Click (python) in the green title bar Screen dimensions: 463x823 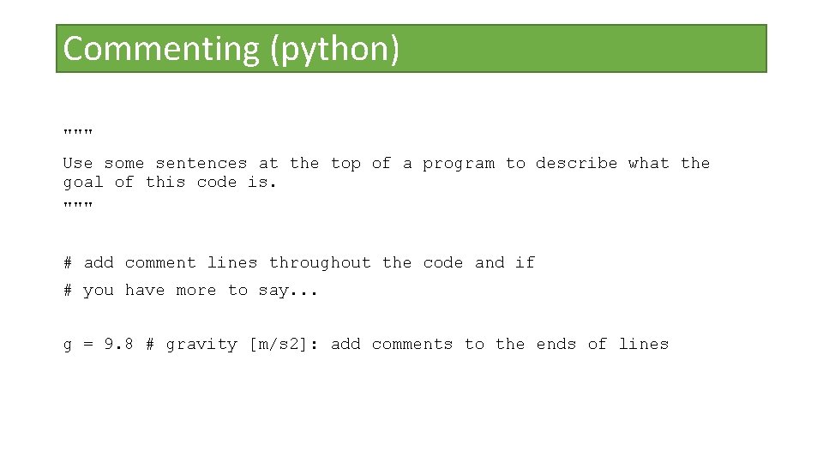(334, 49)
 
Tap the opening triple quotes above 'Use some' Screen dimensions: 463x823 (78, 133)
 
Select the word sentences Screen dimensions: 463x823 (201, 163)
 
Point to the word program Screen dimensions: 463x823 (458, 164)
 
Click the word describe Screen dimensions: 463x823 (576, 163)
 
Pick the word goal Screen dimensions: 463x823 (83, 183)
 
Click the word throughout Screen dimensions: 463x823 (320, 262)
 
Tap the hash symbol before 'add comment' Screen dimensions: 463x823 (68, 262)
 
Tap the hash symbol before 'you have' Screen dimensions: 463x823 (68, 291)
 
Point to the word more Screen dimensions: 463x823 (195, 291)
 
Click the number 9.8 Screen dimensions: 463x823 (118, 344)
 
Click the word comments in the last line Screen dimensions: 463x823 (411, 345)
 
